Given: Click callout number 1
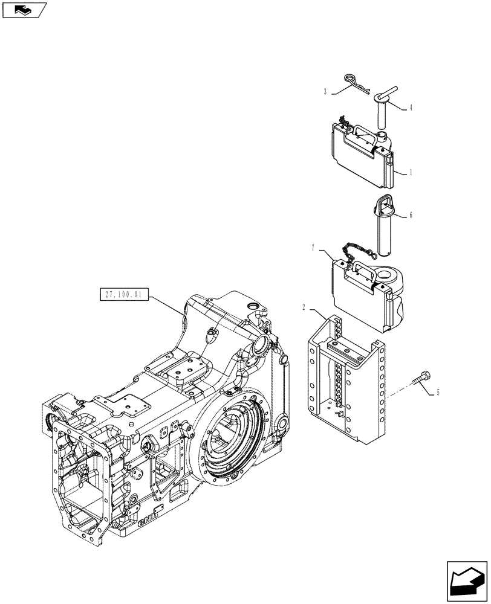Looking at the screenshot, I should [x=411, y=172].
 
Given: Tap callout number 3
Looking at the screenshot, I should [x=325, y=92].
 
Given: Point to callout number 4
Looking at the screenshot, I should [x=411, y=108].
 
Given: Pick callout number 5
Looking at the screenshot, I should [x=438, y=393].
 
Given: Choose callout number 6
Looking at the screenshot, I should [x=411, y=215].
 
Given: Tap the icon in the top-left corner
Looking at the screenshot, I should [x=24, y=10].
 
